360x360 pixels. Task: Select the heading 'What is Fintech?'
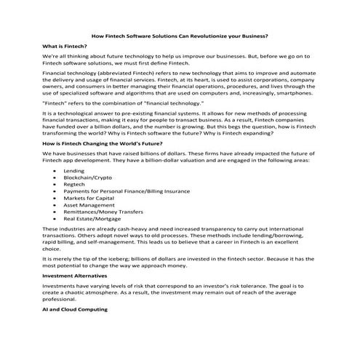[63, 45]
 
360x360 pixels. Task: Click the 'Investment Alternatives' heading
[70, 276]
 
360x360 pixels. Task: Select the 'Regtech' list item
[76, 191]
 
